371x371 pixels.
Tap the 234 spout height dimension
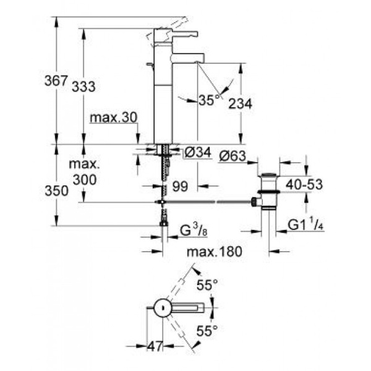tap(241, 104)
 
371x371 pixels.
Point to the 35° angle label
tap(210, 100)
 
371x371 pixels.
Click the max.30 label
tap(113, 117)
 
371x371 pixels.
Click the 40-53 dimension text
tap(305, 184)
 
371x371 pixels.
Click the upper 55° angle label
tap(208, 285)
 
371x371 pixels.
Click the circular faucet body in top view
tap(161, 307)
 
